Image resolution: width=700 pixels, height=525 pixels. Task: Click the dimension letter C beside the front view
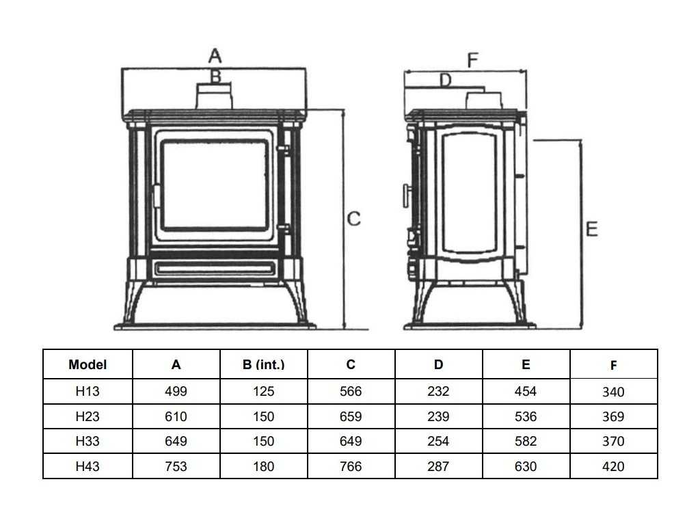(353, 219)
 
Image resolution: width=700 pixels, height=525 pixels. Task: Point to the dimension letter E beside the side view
(592, 229)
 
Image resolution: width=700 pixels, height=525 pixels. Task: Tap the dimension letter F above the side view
(472, 59)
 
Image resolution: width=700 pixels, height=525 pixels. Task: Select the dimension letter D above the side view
(445, 81)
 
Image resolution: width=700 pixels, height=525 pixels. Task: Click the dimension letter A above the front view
(215, 55)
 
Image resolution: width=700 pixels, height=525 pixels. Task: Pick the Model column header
(87, 365)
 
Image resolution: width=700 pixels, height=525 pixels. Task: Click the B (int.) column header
(263, 365)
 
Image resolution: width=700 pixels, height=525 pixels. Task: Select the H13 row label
(87, 392)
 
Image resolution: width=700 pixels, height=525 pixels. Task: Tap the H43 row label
(87, 467)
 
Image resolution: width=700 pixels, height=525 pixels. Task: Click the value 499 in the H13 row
(176, 392)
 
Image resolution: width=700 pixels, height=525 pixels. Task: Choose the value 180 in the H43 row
(263, 467)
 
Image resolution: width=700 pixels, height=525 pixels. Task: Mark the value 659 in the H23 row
(351, 416)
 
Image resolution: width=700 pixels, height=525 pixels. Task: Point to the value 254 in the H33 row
(438, 442)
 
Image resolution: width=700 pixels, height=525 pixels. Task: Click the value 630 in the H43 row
(526, 467)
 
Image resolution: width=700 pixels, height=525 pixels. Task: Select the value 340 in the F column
(614, 392)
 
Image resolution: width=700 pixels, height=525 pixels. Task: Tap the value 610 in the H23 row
(176, 416)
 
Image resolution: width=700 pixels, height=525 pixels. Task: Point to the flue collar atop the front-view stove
(215, 96)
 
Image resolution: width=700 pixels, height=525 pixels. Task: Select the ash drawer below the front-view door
(214, 268)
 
